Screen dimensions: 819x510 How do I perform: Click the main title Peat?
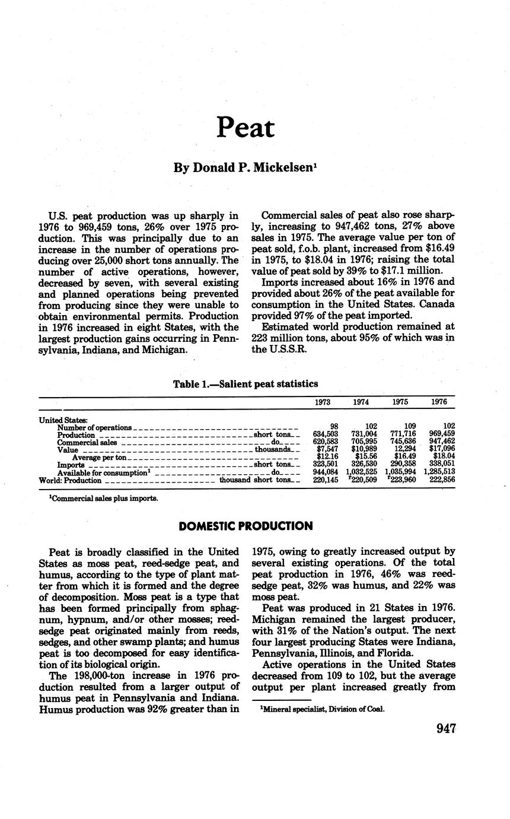246,127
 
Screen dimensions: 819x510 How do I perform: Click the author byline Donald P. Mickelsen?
245,168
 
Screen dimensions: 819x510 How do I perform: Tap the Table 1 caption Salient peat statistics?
245,384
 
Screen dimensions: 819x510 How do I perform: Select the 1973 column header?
322,402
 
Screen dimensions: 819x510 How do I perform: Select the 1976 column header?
439,402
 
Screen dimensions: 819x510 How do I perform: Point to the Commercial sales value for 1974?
362,442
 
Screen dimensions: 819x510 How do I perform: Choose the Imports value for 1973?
325,465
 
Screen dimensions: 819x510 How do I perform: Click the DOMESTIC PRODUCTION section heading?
246,526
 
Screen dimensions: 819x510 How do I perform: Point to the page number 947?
445,729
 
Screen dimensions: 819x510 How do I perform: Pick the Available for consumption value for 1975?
400,472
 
